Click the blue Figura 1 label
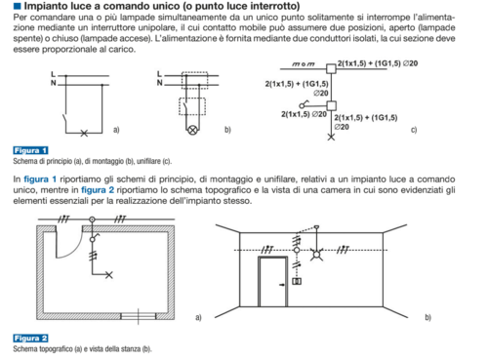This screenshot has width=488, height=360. point(30,150)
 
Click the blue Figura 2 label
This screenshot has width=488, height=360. point(30,339)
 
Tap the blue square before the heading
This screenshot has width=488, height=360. point(18,6)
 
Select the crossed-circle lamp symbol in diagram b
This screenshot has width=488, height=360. point(192,130)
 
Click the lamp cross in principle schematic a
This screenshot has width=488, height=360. point(84,133)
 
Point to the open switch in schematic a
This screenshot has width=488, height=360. point(64,119)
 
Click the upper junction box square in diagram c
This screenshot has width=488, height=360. point(331,68)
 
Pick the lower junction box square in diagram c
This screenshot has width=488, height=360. point(331,105)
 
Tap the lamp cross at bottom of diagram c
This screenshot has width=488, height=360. point(331,137)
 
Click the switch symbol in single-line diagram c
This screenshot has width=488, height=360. point(305,104)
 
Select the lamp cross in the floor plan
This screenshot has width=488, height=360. point(109,275)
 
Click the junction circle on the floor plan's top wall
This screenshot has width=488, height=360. point(93,220)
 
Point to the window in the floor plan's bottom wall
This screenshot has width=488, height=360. point(139,316)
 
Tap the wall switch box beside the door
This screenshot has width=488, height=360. point(297,281)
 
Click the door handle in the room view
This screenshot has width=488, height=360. point(282,285)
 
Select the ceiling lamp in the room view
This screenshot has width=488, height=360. point(316,254)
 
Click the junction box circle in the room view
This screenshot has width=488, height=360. point(297,250)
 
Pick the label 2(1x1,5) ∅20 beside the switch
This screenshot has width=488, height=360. point(304,114)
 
